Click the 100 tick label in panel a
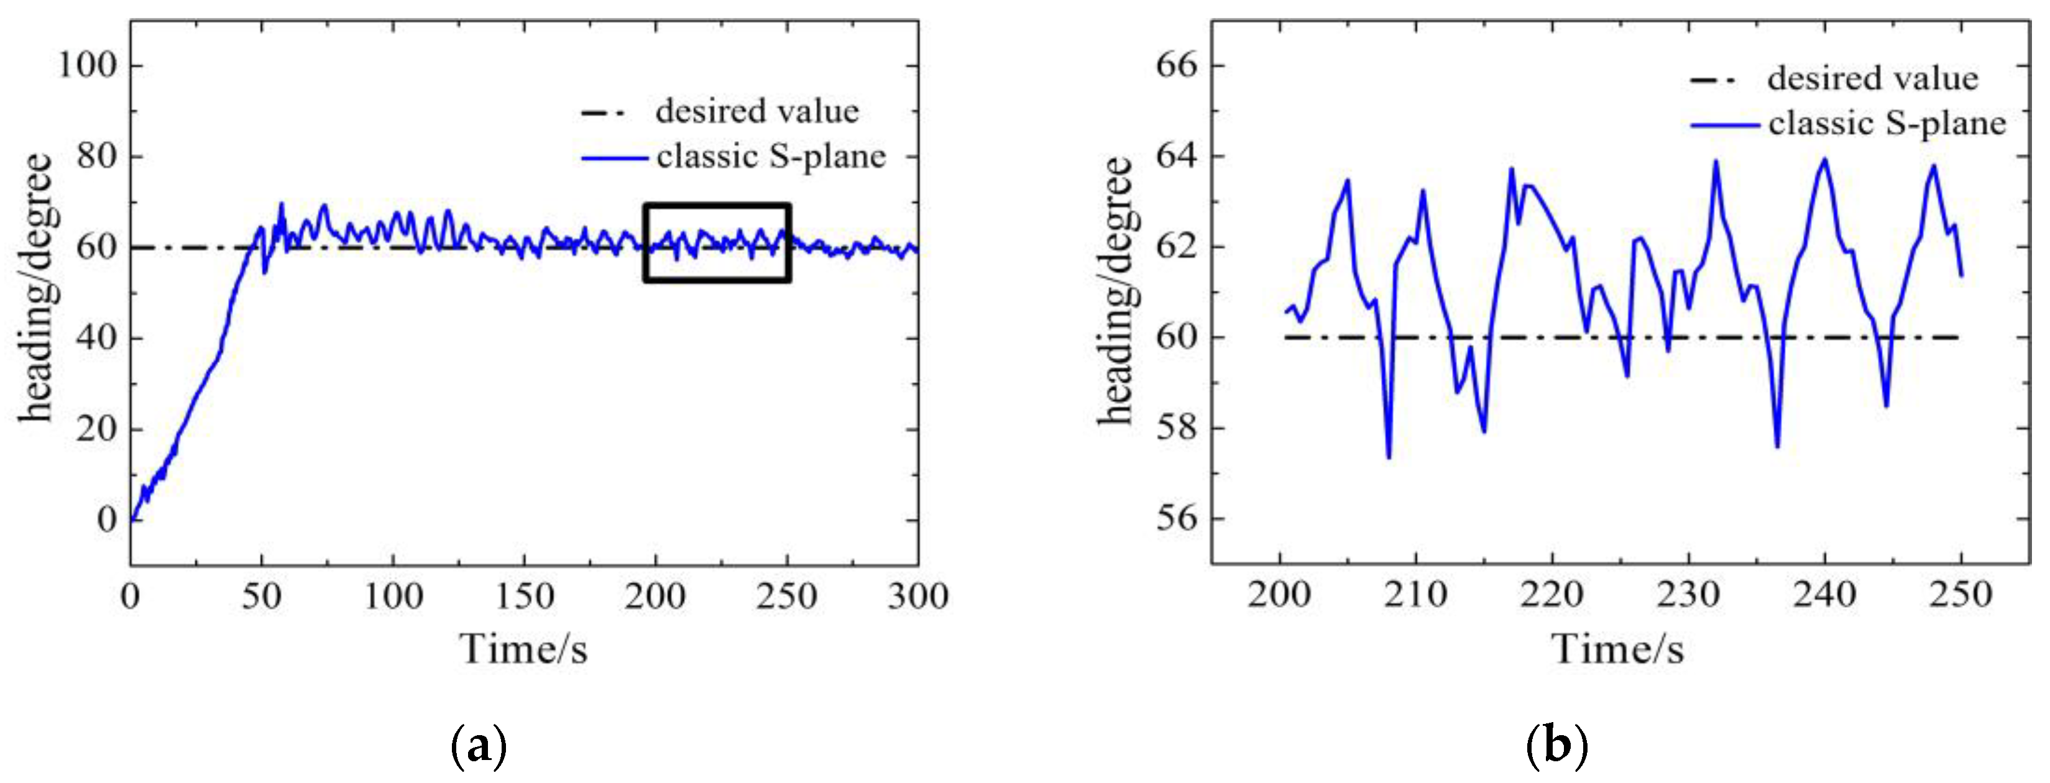[88, 65]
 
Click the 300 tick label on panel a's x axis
[917, 597]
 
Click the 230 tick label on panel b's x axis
[1688, 595]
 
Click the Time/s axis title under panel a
[523, 649]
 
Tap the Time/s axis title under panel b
[1618, 649]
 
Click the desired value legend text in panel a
[757, 111]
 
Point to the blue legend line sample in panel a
[614, 158]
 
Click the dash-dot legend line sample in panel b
[1716, 80]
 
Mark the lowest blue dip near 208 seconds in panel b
[1389, 456]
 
